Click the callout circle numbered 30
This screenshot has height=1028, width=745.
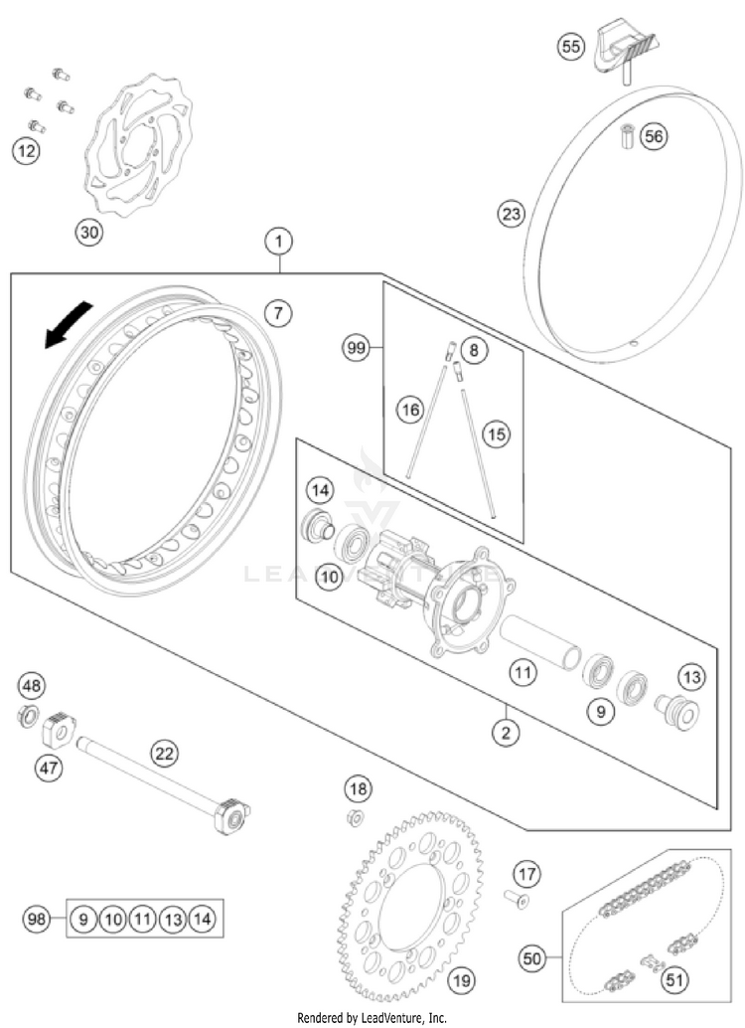point(89,233)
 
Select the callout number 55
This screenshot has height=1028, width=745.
point(570,47)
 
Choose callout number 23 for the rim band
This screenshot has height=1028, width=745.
point(511,214)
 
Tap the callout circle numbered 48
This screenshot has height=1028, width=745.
point(33,685)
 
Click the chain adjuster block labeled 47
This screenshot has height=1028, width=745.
point(63,731)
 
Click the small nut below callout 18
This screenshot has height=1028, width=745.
point(354,818)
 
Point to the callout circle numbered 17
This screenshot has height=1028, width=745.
point(525,875)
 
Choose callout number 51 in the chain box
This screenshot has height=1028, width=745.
point(676,980)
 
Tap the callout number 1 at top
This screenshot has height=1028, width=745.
point(280,241)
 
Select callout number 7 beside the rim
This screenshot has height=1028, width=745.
point(279,313)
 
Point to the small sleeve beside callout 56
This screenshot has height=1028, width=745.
point(627,135)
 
